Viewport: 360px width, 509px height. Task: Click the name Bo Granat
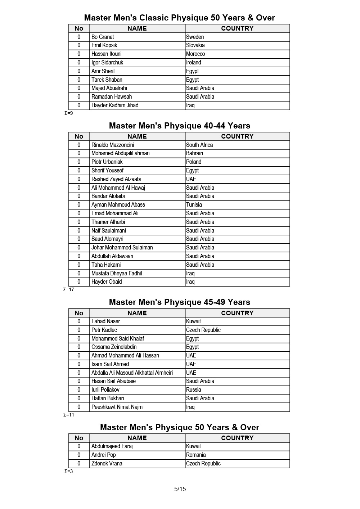pos(103,37)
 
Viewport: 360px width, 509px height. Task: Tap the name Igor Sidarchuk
pos(107,63)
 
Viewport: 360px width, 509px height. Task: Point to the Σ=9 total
pos(68,113)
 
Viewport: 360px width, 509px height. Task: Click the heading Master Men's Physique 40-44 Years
pos(179,126)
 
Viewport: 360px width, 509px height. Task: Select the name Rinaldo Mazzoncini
pos(113,145)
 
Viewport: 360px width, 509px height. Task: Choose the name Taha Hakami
pos(106,265)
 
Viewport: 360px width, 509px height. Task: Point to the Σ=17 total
pos(68,290)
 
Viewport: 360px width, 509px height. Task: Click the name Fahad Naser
pos(105,321)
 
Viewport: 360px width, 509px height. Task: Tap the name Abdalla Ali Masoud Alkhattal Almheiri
pos(132,373)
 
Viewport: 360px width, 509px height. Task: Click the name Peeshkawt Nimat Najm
pos(117,407)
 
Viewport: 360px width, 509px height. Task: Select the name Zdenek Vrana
pos(107,464)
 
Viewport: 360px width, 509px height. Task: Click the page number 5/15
pos(180,489)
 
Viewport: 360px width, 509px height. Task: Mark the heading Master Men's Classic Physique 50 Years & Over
pos(179,18)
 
